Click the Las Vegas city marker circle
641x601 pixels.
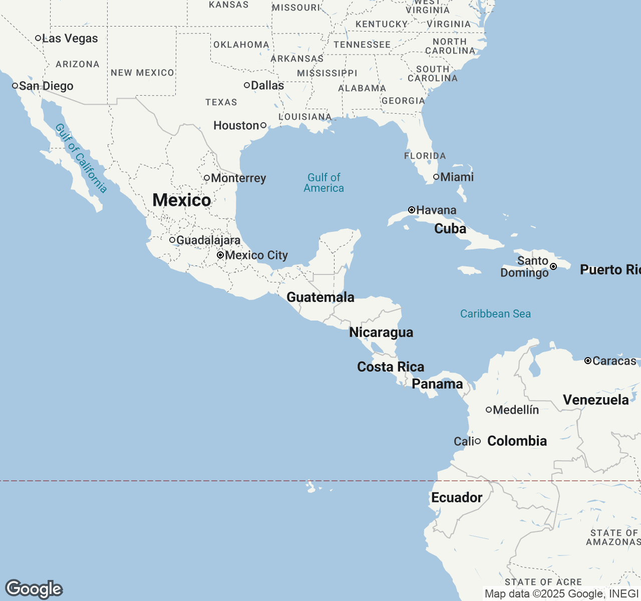[x=38, y=38]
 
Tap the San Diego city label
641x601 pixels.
[x=46, y=86]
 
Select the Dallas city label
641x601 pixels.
[x=267, y=86]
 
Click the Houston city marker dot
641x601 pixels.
[x=263, y=125]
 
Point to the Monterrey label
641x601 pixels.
[x=238, y=178]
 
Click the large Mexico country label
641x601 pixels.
[x=181, y=200]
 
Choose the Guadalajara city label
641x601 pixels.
[x=208, y=240]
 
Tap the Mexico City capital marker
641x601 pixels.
[x=220, y=255]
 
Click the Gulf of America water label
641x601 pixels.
[x=324, y=183]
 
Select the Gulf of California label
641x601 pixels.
[x=81, y=158]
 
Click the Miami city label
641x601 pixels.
[x=457, y=177]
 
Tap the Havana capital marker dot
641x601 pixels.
[x=412, y=210]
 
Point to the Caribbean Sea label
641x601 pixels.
[x=495, y=314]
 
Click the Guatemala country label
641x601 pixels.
[x=320, y=297]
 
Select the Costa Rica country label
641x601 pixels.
[x=391, y=367]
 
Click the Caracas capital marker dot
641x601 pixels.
[x=588, y=361]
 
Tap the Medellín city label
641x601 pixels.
[x=516, y=410]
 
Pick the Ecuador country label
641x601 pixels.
[x=457, y=497]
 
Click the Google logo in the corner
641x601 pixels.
[x=34, y=589]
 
